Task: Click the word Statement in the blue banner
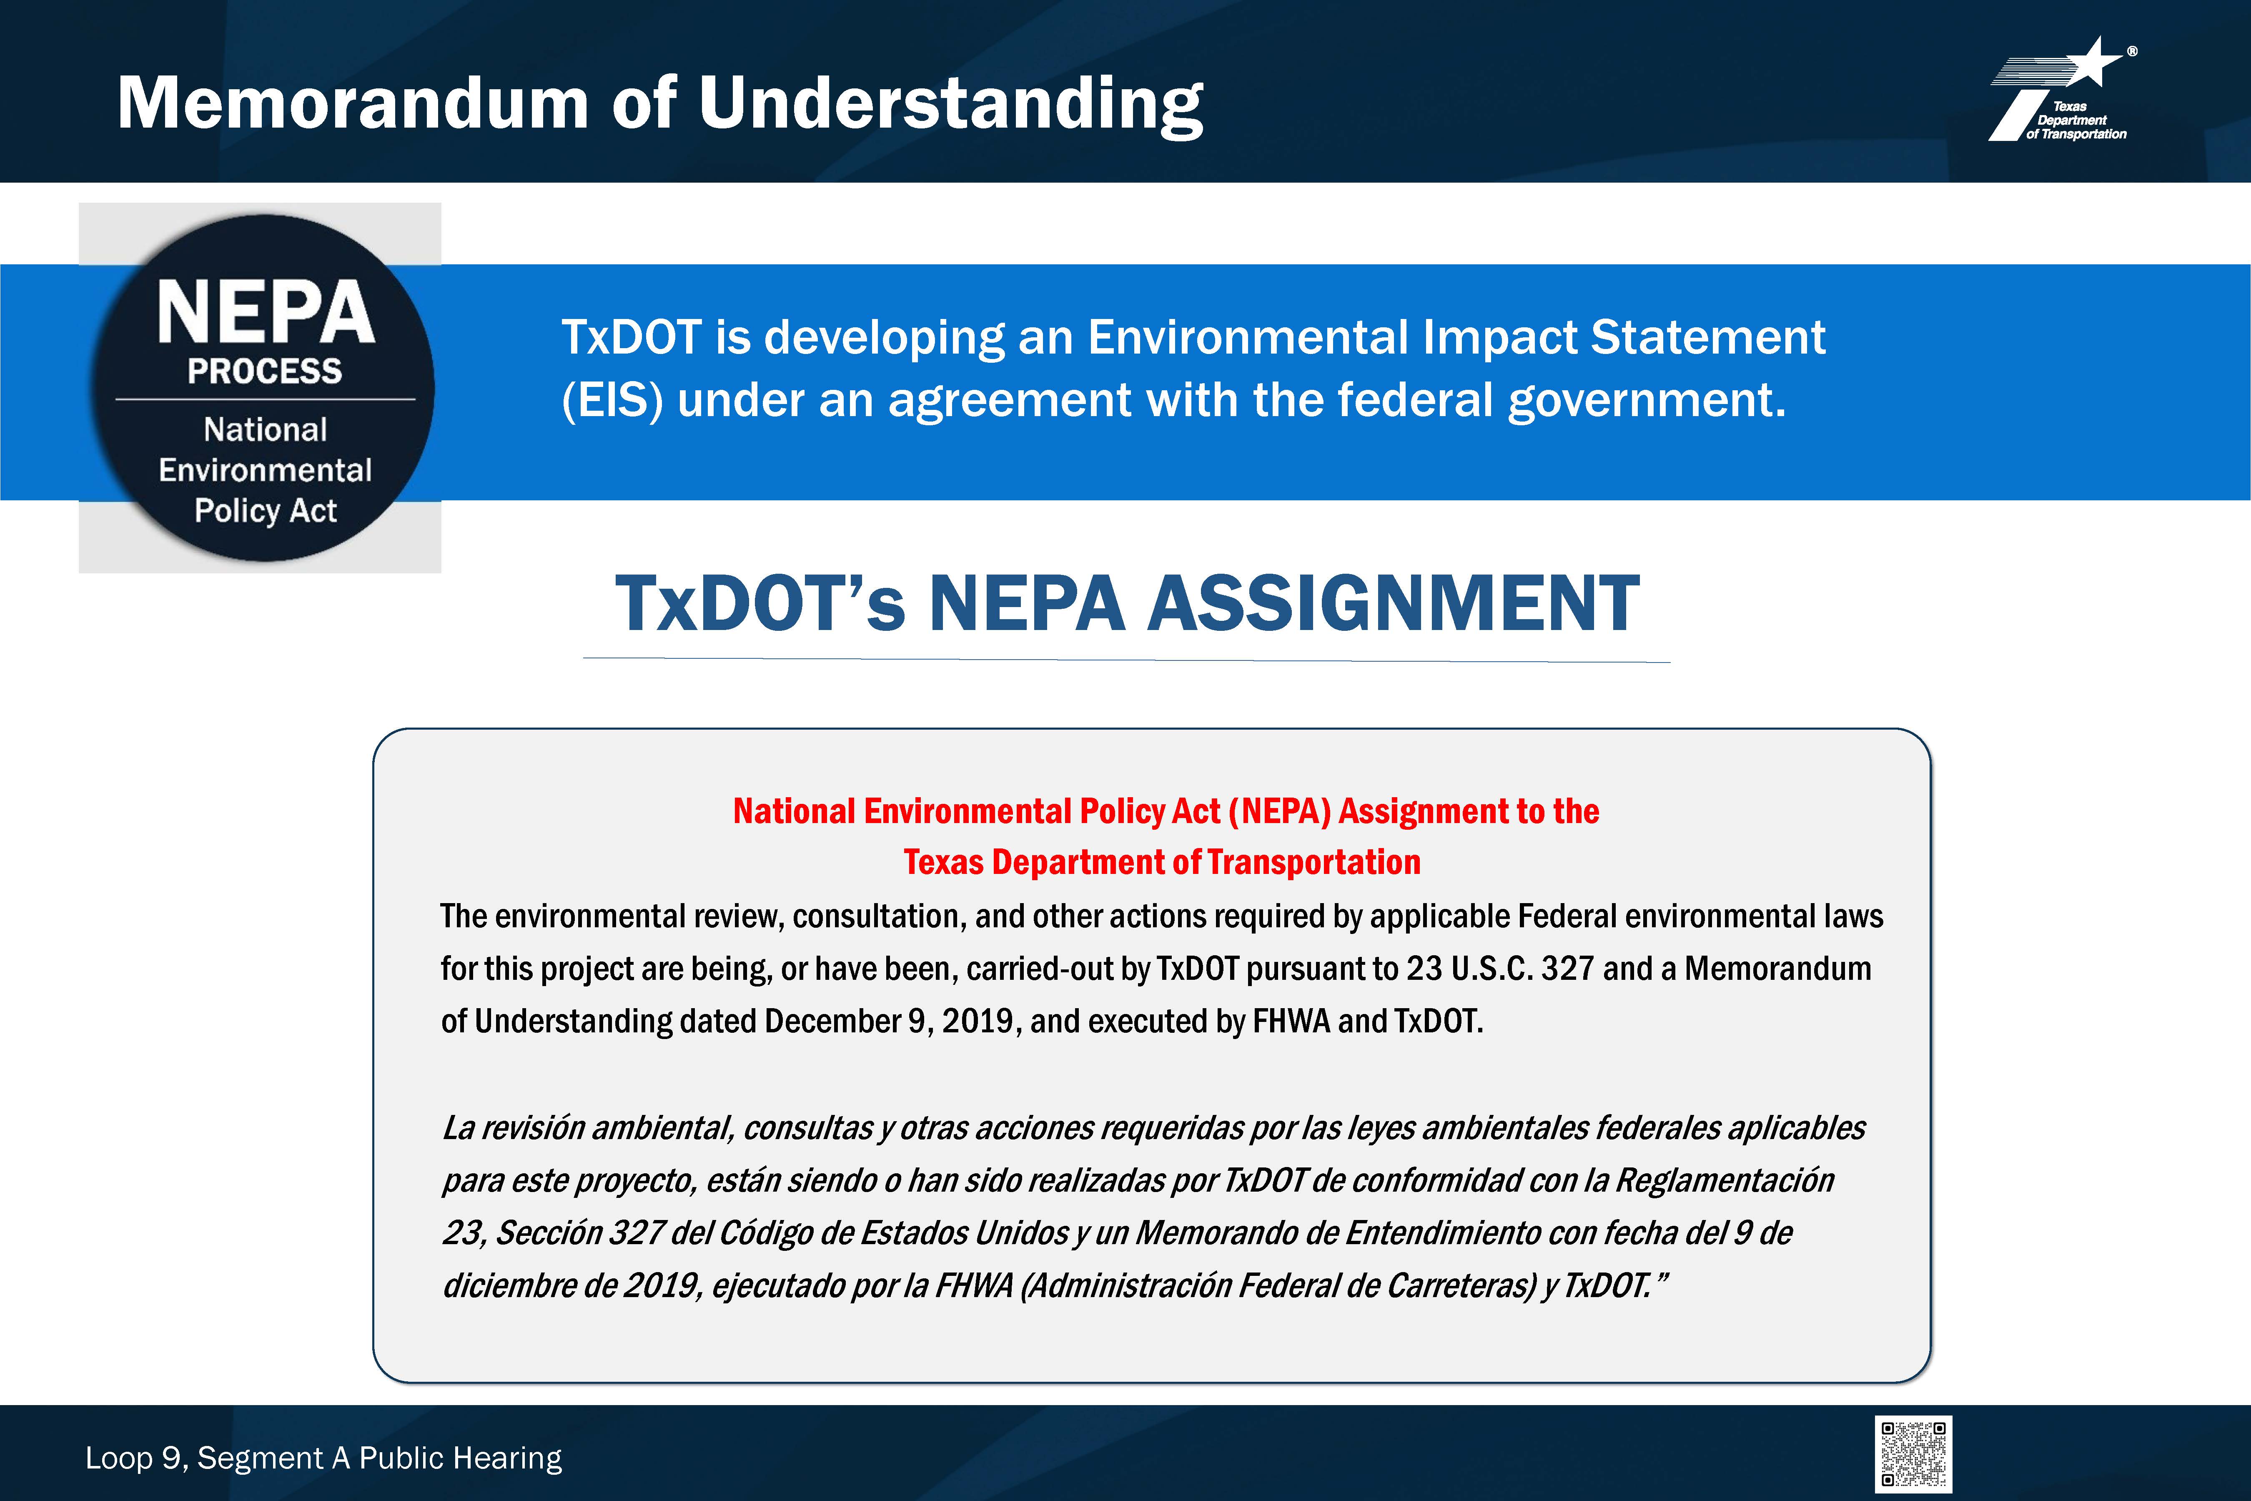point(1707,337)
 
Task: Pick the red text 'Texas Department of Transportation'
point(1162,861)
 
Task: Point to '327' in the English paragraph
point(1567,969)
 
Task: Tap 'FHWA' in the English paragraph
point(1291,1022)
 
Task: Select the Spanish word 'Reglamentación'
point(1725,1180)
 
